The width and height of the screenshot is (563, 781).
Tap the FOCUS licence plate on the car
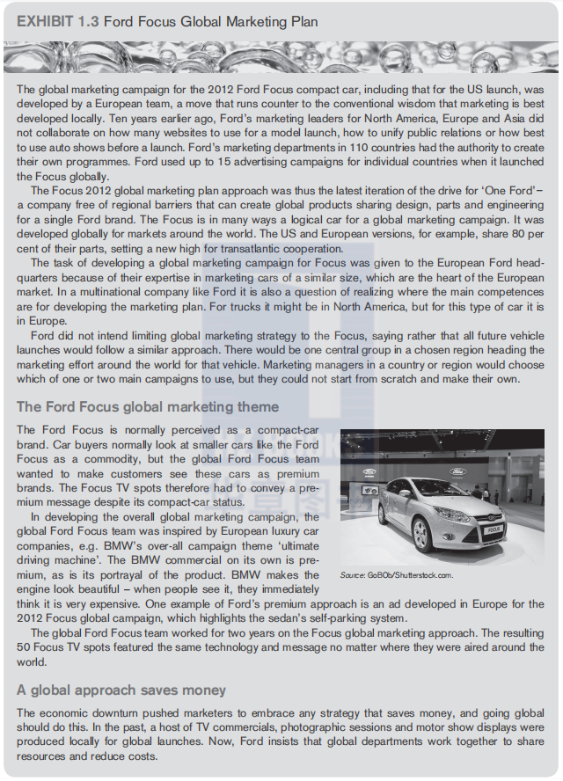pyautogui.click(x=493, y=529)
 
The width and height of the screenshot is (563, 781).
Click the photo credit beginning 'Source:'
pyautogui.click(x=396, y=575)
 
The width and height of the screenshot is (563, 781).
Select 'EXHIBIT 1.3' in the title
pyautogui.click(x=55, y=21)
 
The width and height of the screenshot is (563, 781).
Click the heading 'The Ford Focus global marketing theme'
pyautogui.click(x=148, y=407)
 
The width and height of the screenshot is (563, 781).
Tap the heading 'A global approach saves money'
pyautogui.click(x=121, y=690)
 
